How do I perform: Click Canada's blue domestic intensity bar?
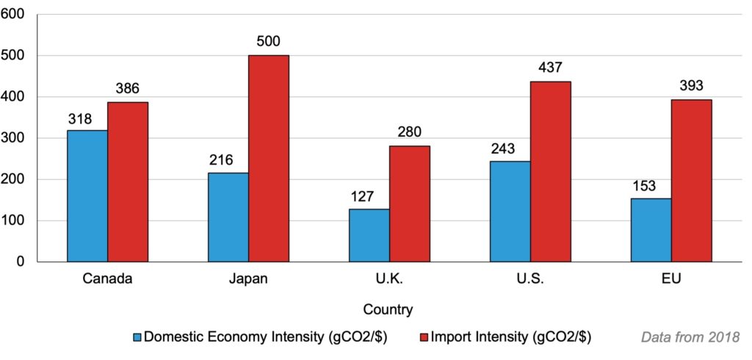[x=87, y=196]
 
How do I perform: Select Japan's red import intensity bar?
[x=268, y=159]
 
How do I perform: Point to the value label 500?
[x=268, y=42]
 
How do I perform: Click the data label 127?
[x=362, y=196]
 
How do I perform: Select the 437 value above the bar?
[x=551, y=68]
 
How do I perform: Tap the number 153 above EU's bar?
[x=644, y=186]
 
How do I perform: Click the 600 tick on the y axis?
[x=15, y=15]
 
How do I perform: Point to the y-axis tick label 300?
[x=15, y=138]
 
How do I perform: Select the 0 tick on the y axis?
[x=21, y=262]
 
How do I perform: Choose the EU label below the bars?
[x=670, y=280]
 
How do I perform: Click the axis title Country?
[x=388, y=309]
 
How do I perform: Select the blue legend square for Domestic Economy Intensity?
[x=137, y=338]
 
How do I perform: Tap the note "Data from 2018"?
[x=690, y=338]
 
